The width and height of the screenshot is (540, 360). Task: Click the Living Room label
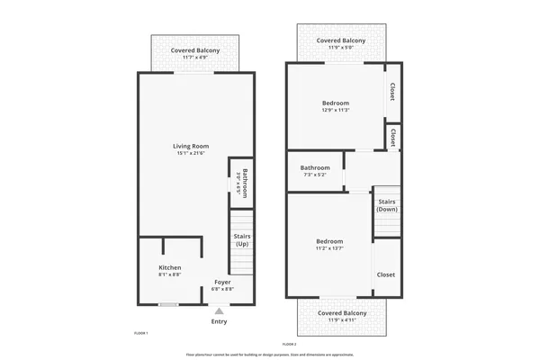coord(191,146)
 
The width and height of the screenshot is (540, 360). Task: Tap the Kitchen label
coord(170,268)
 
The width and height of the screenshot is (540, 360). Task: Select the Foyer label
coord(222,282)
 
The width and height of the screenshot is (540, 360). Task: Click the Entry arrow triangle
coord(219,310)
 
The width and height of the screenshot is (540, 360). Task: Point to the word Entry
coord(219,321)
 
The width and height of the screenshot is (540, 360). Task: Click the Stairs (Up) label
coord(242,240)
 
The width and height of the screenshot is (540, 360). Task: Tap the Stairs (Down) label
coord(387,205)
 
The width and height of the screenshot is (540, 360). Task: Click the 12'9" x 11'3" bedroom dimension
coord(335,111)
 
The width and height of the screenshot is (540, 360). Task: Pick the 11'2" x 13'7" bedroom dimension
coord(328,248)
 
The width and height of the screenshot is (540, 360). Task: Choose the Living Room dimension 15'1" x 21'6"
coord(191,154)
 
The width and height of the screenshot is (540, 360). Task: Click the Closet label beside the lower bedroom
coord(385,274)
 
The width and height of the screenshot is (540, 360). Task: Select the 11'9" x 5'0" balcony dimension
coord(341,49)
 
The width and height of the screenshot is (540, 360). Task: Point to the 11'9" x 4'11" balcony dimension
coord(341,320)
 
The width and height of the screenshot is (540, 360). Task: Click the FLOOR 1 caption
coord(140,333)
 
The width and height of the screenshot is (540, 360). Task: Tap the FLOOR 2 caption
coord(289,345)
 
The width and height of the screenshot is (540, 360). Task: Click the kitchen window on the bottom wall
coord(168,304)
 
